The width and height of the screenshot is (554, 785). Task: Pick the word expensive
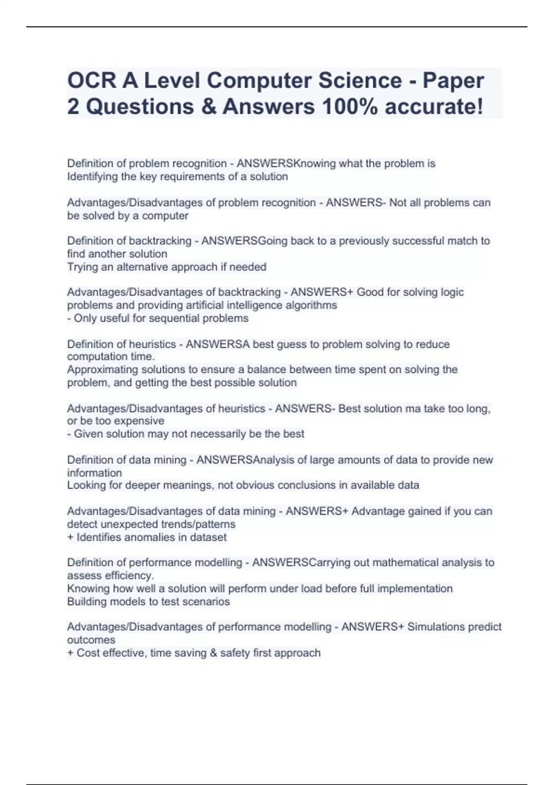[139, 421]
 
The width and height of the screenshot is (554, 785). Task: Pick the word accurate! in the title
[434, 107]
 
